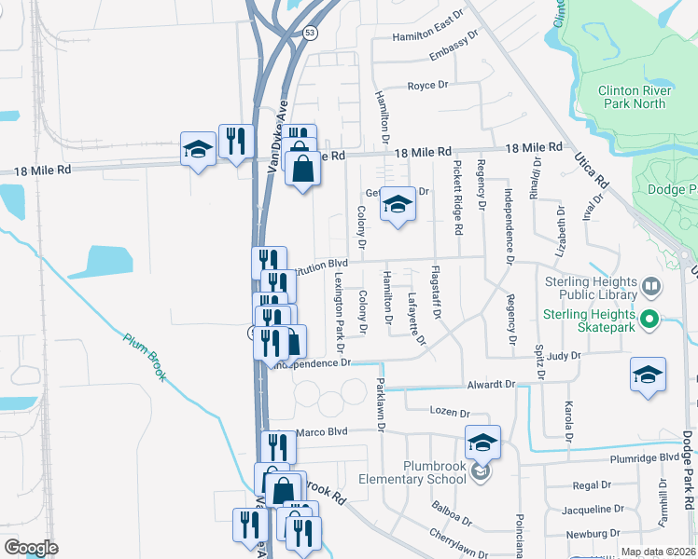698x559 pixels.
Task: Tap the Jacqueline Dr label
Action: pos(592,510)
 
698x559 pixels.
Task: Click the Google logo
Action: pos(31,548)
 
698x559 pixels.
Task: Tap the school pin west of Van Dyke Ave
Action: pos(197,150)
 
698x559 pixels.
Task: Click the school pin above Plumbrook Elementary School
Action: pos(482,442)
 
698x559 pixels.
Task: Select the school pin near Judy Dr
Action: pos(648,374)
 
